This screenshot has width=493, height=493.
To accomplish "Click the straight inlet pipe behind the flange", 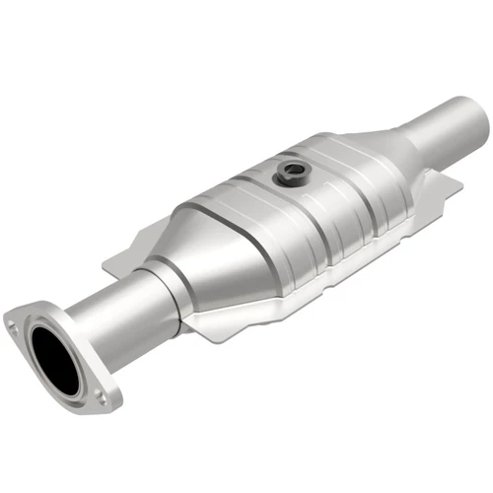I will (114, 307).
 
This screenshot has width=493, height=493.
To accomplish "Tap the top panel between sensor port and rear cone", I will (340, 168).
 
